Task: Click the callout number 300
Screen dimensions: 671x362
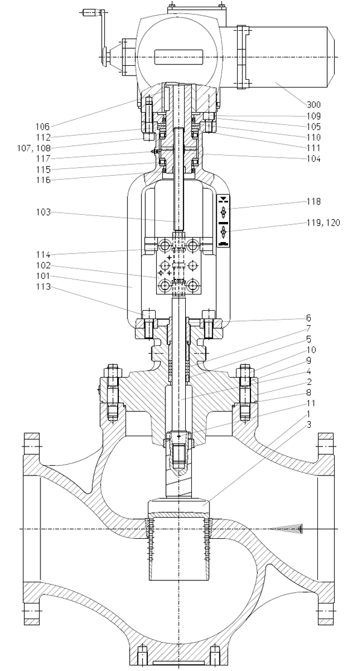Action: [x=313, y=104]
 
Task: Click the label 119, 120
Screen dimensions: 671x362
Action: [x=323, y=223]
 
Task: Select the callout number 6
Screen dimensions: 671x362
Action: [x=308, y=318]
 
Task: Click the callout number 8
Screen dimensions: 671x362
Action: [x=308, y=392]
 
